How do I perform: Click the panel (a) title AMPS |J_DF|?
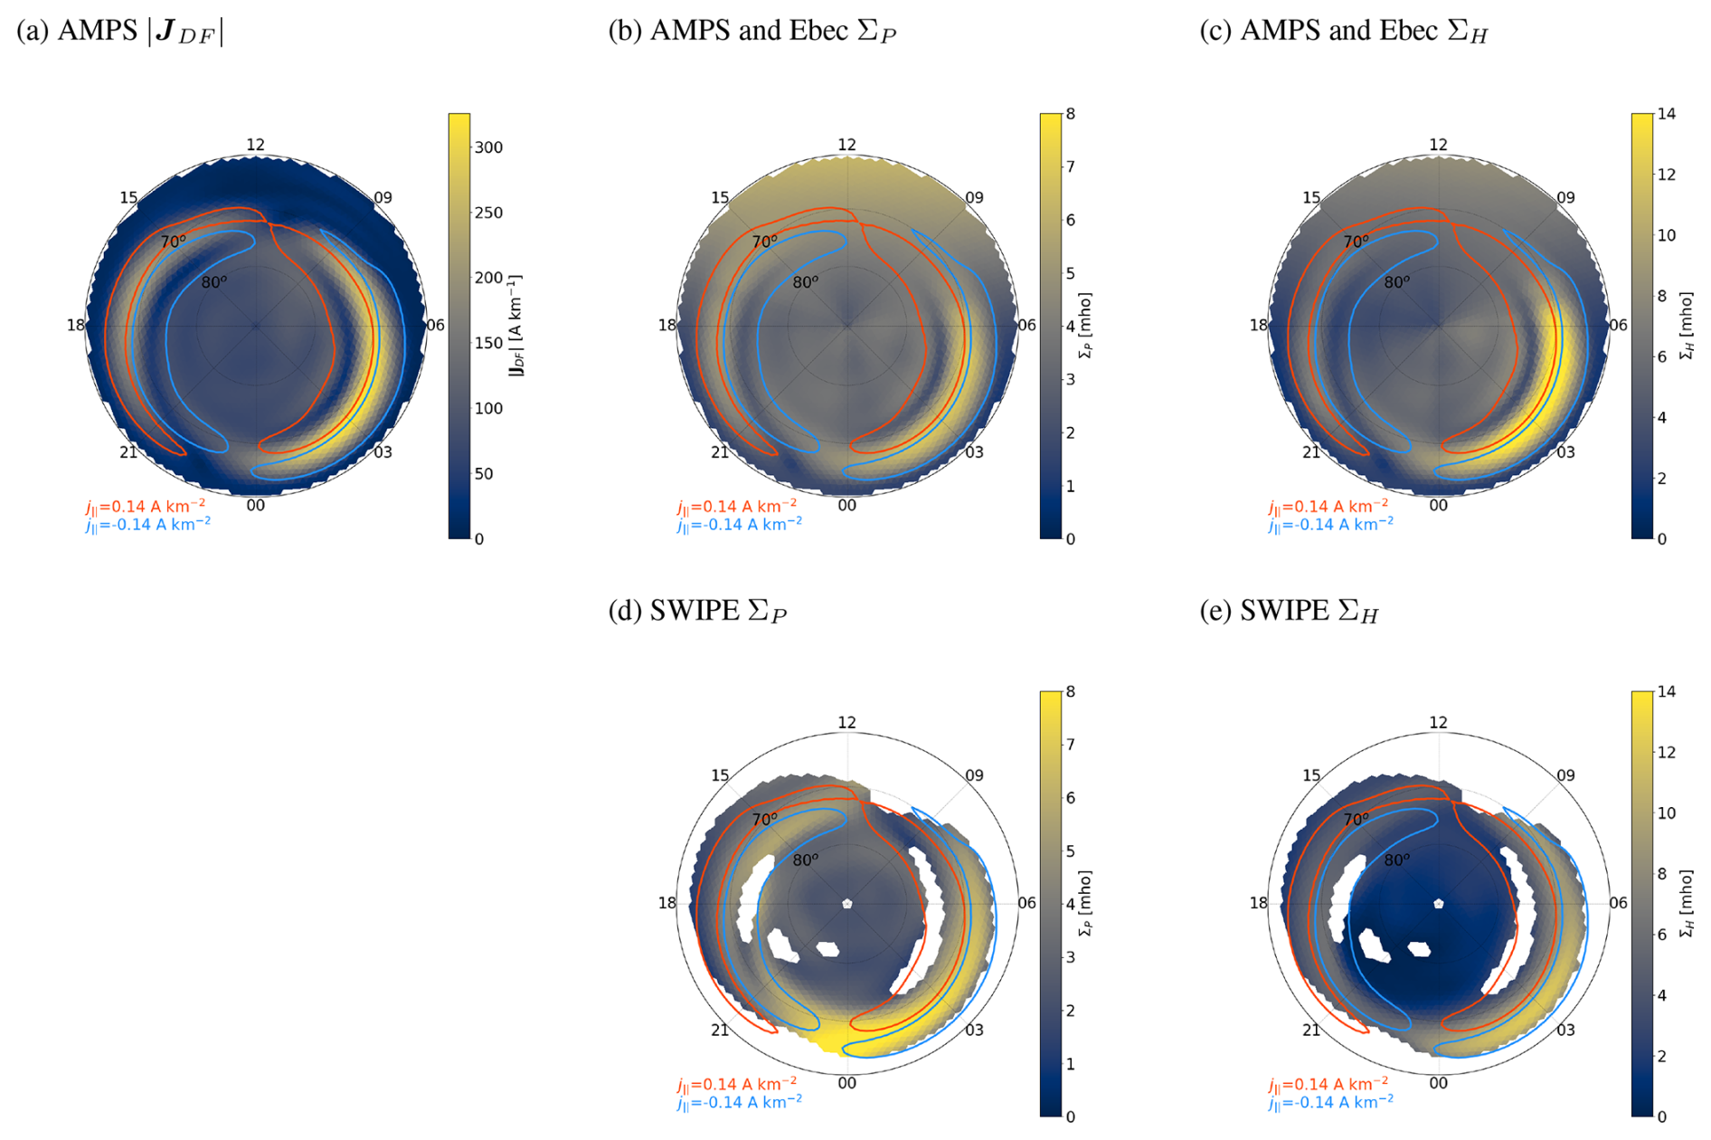tap(119, 31)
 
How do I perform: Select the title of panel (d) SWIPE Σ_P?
tap(697, 611)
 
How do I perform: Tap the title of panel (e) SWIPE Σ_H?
tap(1289, 611)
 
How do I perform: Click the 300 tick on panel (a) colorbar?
tap(488, 147)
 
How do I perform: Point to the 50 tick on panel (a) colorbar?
tap(484, 474)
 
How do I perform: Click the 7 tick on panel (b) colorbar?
tap(1070, 167)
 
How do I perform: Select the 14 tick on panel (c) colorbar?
tap(1666, 114)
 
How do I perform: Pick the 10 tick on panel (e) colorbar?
tap(1666, 813)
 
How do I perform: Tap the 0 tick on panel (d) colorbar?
tap(1070, 1116)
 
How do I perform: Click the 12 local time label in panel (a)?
tap(256, 145)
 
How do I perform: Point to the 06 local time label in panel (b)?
tap(1027, 326)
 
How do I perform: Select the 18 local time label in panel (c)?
tap(1258, 326)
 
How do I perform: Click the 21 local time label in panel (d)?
tap(720, 1030)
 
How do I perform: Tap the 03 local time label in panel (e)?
tap(1565, 1030)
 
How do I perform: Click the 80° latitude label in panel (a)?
tap(214, 282)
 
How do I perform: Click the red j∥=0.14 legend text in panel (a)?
tap(146, 507)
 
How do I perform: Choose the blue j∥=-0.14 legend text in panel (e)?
tap(1330, 1102)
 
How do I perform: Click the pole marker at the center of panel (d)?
tap(847, 903)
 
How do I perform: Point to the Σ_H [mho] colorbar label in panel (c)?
tap(1686, 326)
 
